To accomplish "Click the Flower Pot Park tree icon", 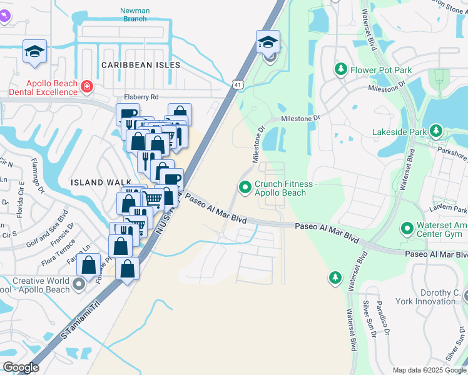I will (341, 69).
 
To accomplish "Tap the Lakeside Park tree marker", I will (436, 131).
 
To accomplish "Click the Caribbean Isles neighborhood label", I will (141, 65).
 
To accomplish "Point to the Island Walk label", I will (93, 182).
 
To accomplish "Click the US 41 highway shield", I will (237, 84).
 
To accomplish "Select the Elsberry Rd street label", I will (141, 97).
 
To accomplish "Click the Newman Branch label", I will (135, 14).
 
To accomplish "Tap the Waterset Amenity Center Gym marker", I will (408, 229).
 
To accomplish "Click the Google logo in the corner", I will (21, 367).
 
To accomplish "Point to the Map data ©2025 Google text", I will (429, 370).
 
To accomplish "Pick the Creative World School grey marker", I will (78, 285).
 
